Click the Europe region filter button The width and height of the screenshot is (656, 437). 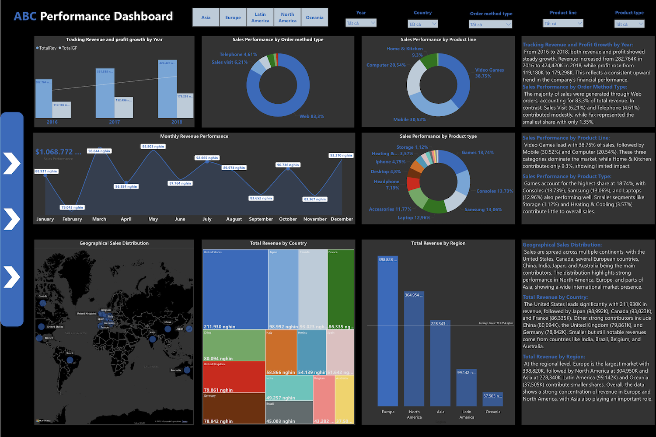(x=233, y=17)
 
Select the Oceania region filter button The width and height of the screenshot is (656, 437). (x=314, y=17)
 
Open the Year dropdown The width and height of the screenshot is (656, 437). (x=361, y=23)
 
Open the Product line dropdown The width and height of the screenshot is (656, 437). (x=563, y=23)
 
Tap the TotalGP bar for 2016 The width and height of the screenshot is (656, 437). (x=62, y=110)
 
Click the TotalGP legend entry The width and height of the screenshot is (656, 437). (x=69, y=48)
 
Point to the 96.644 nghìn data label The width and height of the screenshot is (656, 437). (x=99, y=151)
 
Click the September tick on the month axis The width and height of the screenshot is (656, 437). (x=261, y=219)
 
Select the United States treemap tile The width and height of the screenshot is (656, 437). (x=235, y=289)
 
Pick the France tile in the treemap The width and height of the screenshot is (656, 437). (x=341, y=289)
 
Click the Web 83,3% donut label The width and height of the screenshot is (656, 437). (x=311, y=116)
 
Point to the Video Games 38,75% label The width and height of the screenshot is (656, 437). (x=489, y=73)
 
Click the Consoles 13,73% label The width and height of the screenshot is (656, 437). (x=495, y=191)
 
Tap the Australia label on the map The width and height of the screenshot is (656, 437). (x=176, y=371)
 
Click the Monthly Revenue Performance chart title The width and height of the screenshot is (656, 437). (x=194, y=136)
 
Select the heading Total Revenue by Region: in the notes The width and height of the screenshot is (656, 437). (x=554, y=357)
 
